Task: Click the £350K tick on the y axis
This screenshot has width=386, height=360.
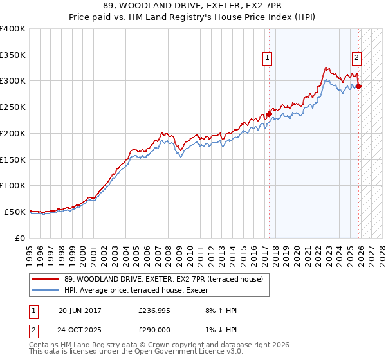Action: pyautogui.click(x=13, y=55)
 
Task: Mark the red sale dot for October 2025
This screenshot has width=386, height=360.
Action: pyautogui.click(x=358, y=87)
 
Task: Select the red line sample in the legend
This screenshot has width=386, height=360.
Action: pyautogui.click(x=45, y=279)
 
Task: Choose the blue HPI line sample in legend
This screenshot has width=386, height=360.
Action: pyautogui.click(x=45, y=290)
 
